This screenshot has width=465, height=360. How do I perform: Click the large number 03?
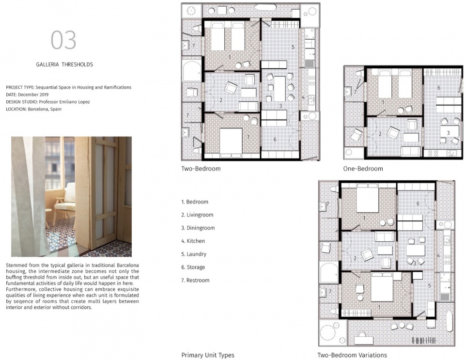coord(63,40)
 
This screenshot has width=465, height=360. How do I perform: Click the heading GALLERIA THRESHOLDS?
coord(64,64)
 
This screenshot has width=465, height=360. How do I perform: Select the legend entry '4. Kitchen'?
coord(193,241)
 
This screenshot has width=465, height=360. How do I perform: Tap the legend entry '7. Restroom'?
coord(195,280)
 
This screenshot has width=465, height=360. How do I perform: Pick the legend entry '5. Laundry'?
coord(194,254)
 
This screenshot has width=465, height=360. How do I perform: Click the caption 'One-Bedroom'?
coord(363,169)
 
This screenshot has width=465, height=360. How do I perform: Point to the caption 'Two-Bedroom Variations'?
coord(352,355)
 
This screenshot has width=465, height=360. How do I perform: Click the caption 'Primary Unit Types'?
coord(208,355)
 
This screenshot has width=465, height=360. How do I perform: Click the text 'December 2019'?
coord(33,94)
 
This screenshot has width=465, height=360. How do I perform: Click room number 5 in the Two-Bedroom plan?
coord(293,47)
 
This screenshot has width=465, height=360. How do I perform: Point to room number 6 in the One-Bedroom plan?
coord(439,88)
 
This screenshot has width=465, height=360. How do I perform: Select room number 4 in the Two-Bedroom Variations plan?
coord(438,256)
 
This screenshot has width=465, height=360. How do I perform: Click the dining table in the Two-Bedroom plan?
coord(279,89)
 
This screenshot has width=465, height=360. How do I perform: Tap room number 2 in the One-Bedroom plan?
coord(380,134)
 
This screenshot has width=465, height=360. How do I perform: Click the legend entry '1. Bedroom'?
coord(195,202)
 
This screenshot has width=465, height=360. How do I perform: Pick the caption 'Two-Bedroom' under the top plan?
coord(201,169)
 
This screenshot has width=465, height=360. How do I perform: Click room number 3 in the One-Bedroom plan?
coord(449,133)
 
